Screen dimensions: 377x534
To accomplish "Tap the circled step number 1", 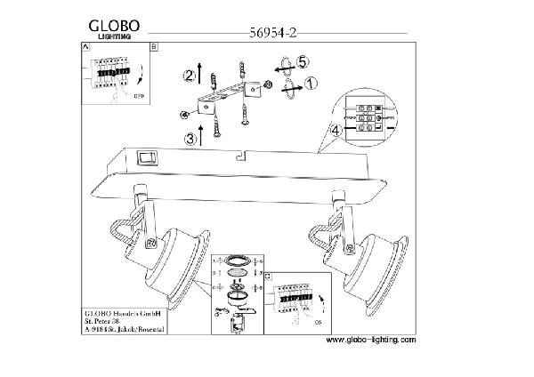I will click(311, 84).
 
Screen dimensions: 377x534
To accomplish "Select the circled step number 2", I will click(189, 75).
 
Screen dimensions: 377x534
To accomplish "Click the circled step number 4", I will click(335, 131).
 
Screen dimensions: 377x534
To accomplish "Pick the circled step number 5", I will click(303, 62).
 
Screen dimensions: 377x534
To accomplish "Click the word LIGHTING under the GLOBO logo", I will click(114, 36).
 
